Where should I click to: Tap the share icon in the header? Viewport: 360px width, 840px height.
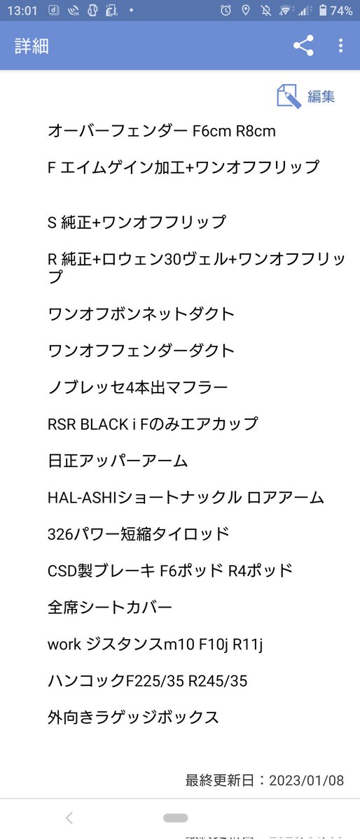click(303, 45)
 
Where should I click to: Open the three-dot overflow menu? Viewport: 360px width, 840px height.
click(340, 45)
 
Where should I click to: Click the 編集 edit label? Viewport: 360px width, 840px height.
click(321, 97)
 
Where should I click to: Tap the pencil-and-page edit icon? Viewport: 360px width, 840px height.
click(289, 96)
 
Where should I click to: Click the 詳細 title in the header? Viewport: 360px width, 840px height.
click(32, 46)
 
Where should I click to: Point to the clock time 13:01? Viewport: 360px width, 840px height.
click(22, 10)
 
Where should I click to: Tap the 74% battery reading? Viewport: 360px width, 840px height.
click(341, 10)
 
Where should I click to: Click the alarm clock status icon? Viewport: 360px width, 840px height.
click(226, 10)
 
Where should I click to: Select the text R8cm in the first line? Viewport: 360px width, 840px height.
click(255, 132)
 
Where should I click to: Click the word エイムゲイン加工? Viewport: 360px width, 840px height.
click(122, 167)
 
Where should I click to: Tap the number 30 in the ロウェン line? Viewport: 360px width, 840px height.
click(173, 259)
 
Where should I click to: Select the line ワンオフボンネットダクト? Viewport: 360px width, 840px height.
click(141, 314)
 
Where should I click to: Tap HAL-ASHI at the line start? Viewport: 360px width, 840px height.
click(83, 498)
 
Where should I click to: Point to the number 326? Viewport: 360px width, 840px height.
click(60, 534)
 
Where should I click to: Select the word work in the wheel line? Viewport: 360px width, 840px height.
click(64, 644)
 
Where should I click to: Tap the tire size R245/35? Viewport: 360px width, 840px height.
click(218, 681)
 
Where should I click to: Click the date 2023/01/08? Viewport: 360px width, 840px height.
click(306, 780)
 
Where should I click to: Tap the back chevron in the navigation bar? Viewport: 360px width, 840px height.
click(69, 818)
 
